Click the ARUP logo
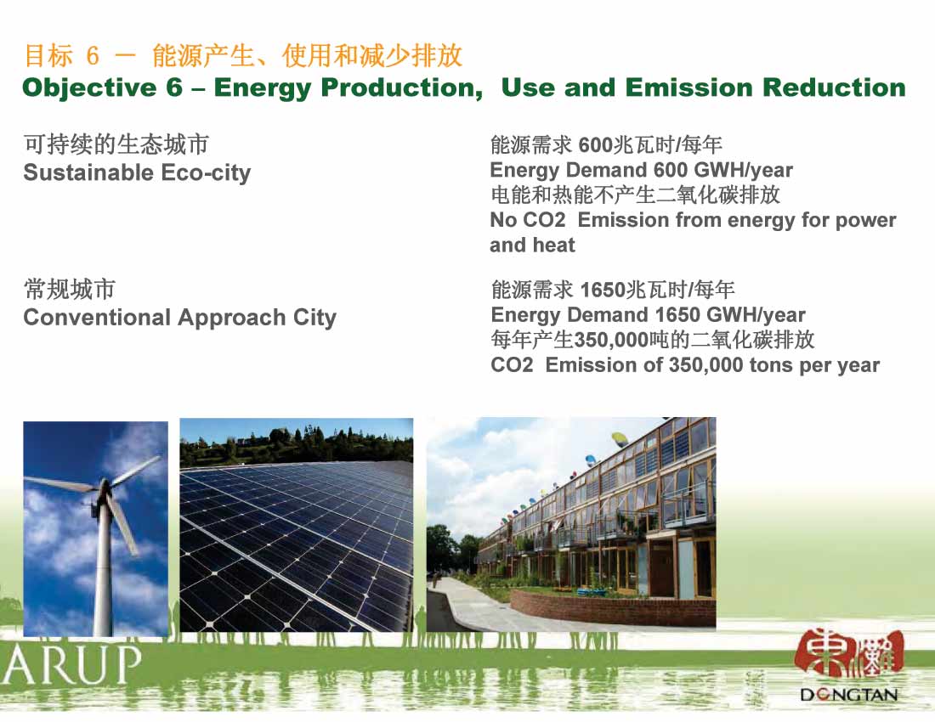click(x=71, y=664)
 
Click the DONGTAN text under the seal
click(x=848, y=695)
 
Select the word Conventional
click(x=97, y=318)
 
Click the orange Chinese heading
click(x=243, y=55)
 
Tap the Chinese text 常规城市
click(x=69, y=290)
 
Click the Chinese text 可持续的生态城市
click(x=116, y=144)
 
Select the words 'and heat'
click(x=532, y=245)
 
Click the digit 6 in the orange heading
click(x=93, y=56)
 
